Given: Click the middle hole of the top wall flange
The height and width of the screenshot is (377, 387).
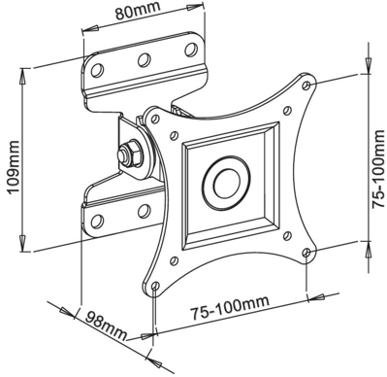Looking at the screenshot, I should (143, 60).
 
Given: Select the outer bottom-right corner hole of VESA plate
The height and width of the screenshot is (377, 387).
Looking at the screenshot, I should (307, 253).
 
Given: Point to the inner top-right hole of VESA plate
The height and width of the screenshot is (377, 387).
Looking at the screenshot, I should (286, 110).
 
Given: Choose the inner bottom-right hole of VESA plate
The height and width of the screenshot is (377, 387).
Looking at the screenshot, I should (285, 236).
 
